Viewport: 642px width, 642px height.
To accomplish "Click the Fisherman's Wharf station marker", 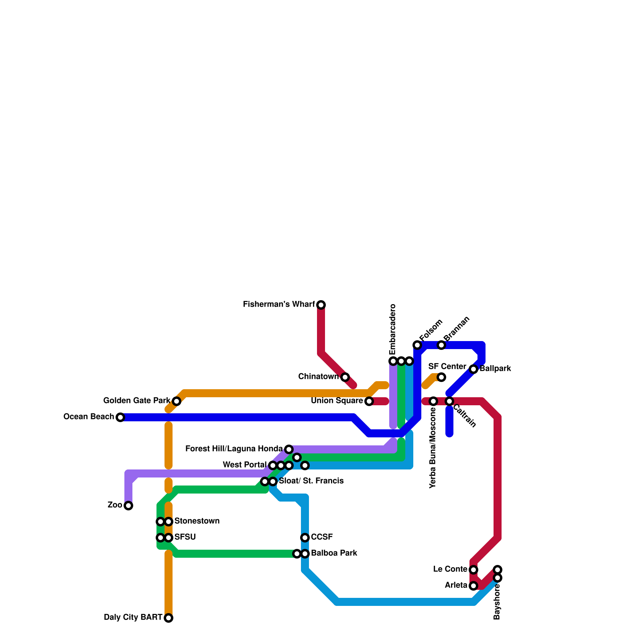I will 321,305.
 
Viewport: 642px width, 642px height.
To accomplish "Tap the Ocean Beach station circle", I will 120,417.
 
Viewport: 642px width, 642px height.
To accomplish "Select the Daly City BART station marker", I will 169,618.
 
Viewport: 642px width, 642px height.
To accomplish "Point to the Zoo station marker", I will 128,506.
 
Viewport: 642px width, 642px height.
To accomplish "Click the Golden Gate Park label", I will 137,401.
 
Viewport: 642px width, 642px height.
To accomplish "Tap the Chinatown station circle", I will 345,377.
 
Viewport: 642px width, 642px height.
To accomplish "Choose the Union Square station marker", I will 369,401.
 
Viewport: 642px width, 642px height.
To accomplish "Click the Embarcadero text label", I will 393,329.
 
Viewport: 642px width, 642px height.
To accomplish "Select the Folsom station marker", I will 417,345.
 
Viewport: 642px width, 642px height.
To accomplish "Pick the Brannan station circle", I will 441,345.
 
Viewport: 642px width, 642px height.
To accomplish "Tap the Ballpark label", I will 495,369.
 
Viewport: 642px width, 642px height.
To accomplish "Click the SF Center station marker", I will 441,377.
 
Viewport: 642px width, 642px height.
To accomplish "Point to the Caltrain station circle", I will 449,401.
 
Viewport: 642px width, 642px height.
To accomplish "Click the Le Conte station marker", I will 473,570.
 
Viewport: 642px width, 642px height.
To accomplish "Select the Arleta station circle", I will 473,586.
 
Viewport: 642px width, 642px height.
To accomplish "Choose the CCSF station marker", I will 305,538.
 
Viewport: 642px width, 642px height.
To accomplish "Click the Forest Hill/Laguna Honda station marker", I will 289,449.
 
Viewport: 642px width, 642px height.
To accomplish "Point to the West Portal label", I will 245,465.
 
